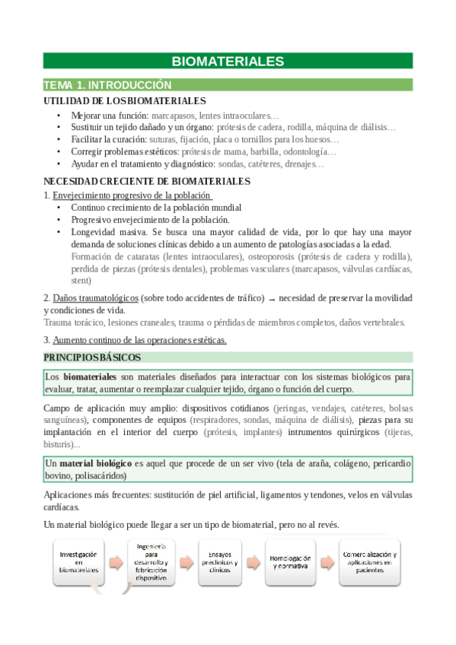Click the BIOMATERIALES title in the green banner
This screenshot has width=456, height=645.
[228, 61]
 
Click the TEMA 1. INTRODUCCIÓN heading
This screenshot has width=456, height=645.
[107, 85]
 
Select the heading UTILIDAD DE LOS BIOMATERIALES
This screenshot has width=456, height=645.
[124, 100]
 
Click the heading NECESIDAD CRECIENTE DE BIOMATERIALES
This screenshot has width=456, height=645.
[147, 181]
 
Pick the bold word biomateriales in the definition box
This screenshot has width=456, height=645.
[89, 377]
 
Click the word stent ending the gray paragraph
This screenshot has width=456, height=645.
[81, 280]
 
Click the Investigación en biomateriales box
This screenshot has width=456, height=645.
[79, 562]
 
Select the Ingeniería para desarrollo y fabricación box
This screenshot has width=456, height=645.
[151, 561]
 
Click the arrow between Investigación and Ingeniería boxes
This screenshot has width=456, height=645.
[116, 563]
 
